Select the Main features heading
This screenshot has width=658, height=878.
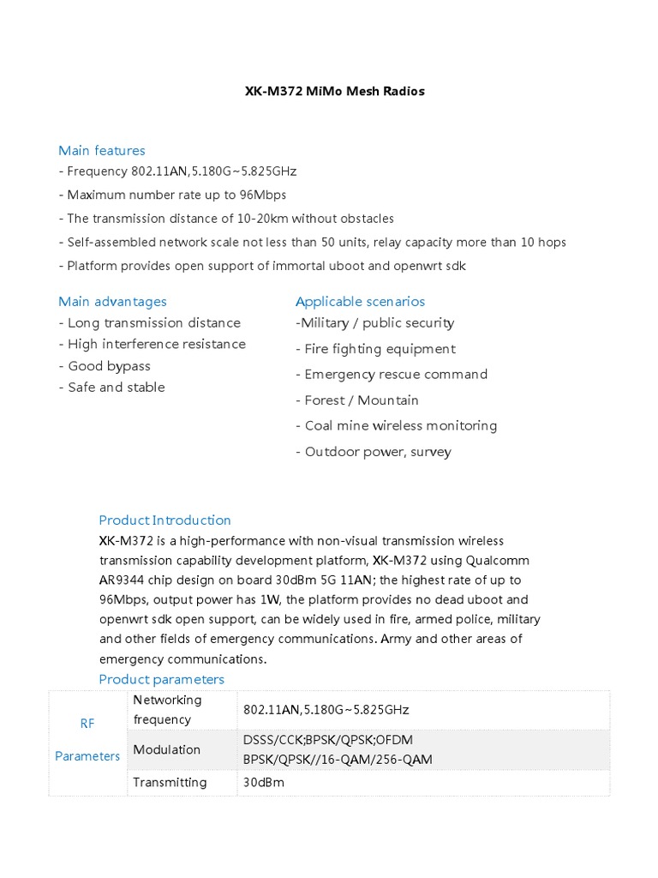click(x=102, y=150)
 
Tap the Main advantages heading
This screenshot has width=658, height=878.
click(x=112, y=301)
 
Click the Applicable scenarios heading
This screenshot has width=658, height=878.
click(x=360, y=301)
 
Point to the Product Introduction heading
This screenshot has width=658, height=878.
click(x=164, y=520)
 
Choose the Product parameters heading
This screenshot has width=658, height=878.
click(x=161, y=679)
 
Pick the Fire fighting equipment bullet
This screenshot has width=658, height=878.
click(x=375, y=348)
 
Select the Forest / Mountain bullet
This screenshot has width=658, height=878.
click(x=357, y=400)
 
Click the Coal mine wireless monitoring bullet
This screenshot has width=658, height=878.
click(x=396, y=425)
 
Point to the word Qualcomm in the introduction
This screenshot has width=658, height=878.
click(x=497, y=560)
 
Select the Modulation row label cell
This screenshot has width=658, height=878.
click(x=167, y=749)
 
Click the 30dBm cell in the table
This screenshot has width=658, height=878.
click(x=264, y=782)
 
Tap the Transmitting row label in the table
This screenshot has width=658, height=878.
click(x=170, y=782)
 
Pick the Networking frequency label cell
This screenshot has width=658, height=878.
click(x=167, y=709)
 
